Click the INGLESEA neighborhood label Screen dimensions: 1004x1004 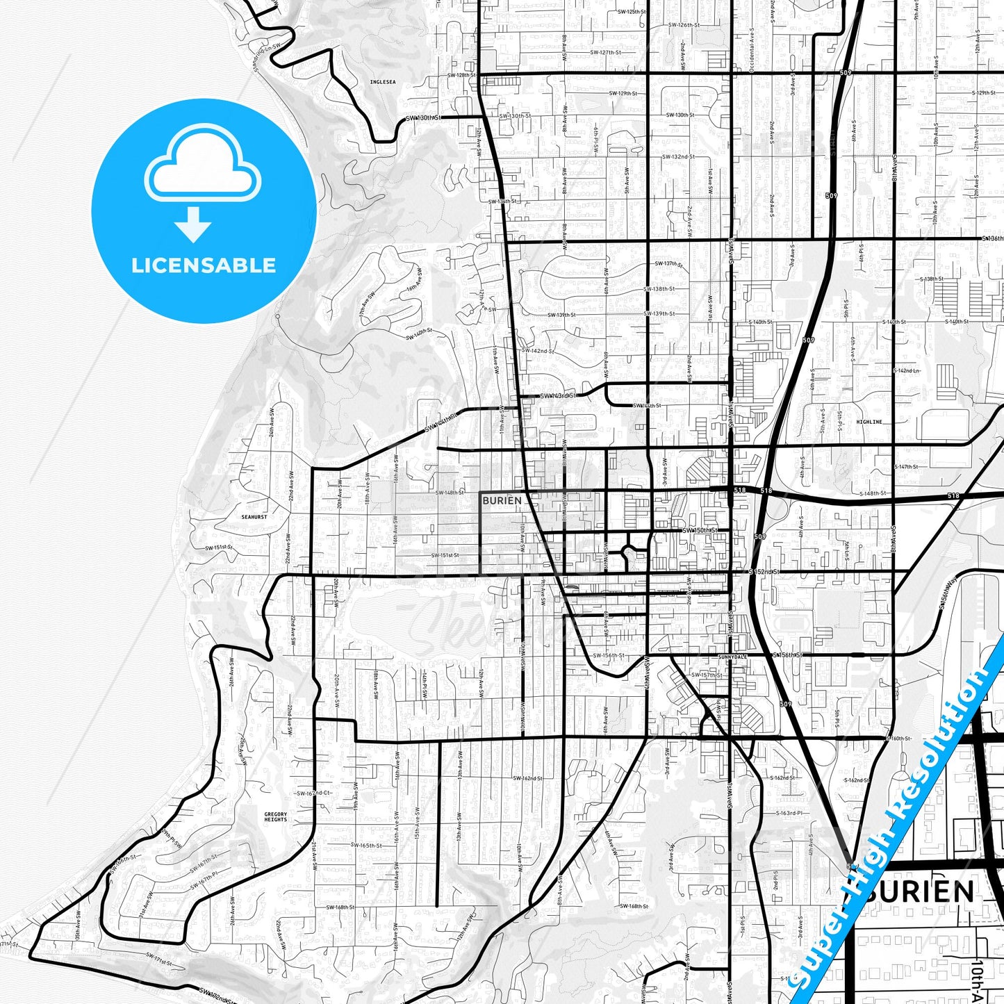(382, 82)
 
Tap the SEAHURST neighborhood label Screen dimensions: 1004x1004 (254, 517)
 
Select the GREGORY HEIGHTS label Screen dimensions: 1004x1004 (275, 816)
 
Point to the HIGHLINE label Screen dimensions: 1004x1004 (869, 422)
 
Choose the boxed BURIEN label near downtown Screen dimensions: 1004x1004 (502, 500)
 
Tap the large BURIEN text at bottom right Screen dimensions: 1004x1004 (919, 891)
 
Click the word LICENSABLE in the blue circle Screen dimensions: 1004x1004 (204, 265)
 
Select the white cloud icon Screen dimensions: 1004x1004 (202, 165)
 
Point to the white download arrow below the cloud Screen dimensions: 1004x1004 (192, 224)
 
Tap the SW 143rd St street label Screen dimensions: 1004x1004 (559, 396)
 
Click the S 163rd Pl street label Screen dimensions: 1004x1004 (789, 813)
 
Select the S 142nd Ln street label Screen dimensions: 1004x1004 (907, 371)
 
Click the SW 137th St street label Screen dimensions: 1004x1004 (669, 264)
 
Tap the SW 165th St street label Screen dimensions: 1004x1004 (365, 846)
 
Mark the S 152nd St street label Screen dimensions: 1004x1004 (764, 571)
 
